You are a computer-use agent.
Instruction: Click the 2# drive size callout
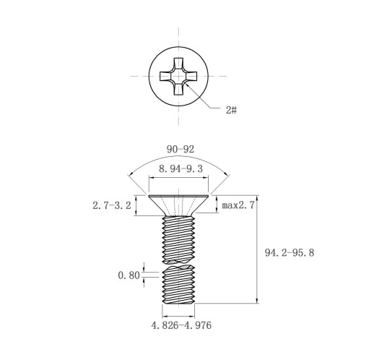click(231, 110)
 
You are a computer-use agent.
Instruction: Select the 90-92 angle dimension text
click(181, 150)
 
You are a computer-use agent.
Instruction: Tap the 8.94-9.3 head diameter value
click(181, 169)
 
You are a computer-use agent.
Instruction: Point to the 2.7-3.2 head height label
click(112, 205)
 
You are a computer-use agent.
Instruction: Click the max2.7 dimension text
click(238, 205)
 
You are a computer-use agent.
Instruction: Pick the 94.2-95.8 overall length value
click(290, 253)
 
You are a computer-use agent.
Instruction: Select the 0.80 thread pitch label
click(129, 275)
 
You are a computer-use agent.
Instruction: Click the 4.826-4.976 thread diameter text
click(181, 325)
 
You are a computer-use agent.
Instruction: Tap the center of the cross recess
click(178, 76)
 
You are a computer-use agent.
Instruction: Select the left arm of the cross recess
click(165, 76)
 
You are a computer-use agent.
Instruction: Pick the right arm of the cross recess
click(191, 76)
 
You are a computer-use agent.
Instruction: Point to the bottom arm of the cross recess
click(178, 89)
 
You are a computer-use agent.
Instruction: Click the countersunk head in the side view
click(178, 205)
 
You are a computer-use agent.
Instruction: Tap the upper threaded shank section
click(178, 239)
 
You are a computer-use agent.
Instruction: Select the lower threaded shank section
click(178, 284)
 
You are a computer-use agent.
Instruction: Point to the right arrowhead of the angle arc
click(226, 175)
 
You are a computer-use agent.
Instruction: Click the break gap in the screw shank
click(178, 264)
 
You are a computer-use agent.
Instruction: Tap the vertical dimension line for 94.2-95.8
click(257, 249)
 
